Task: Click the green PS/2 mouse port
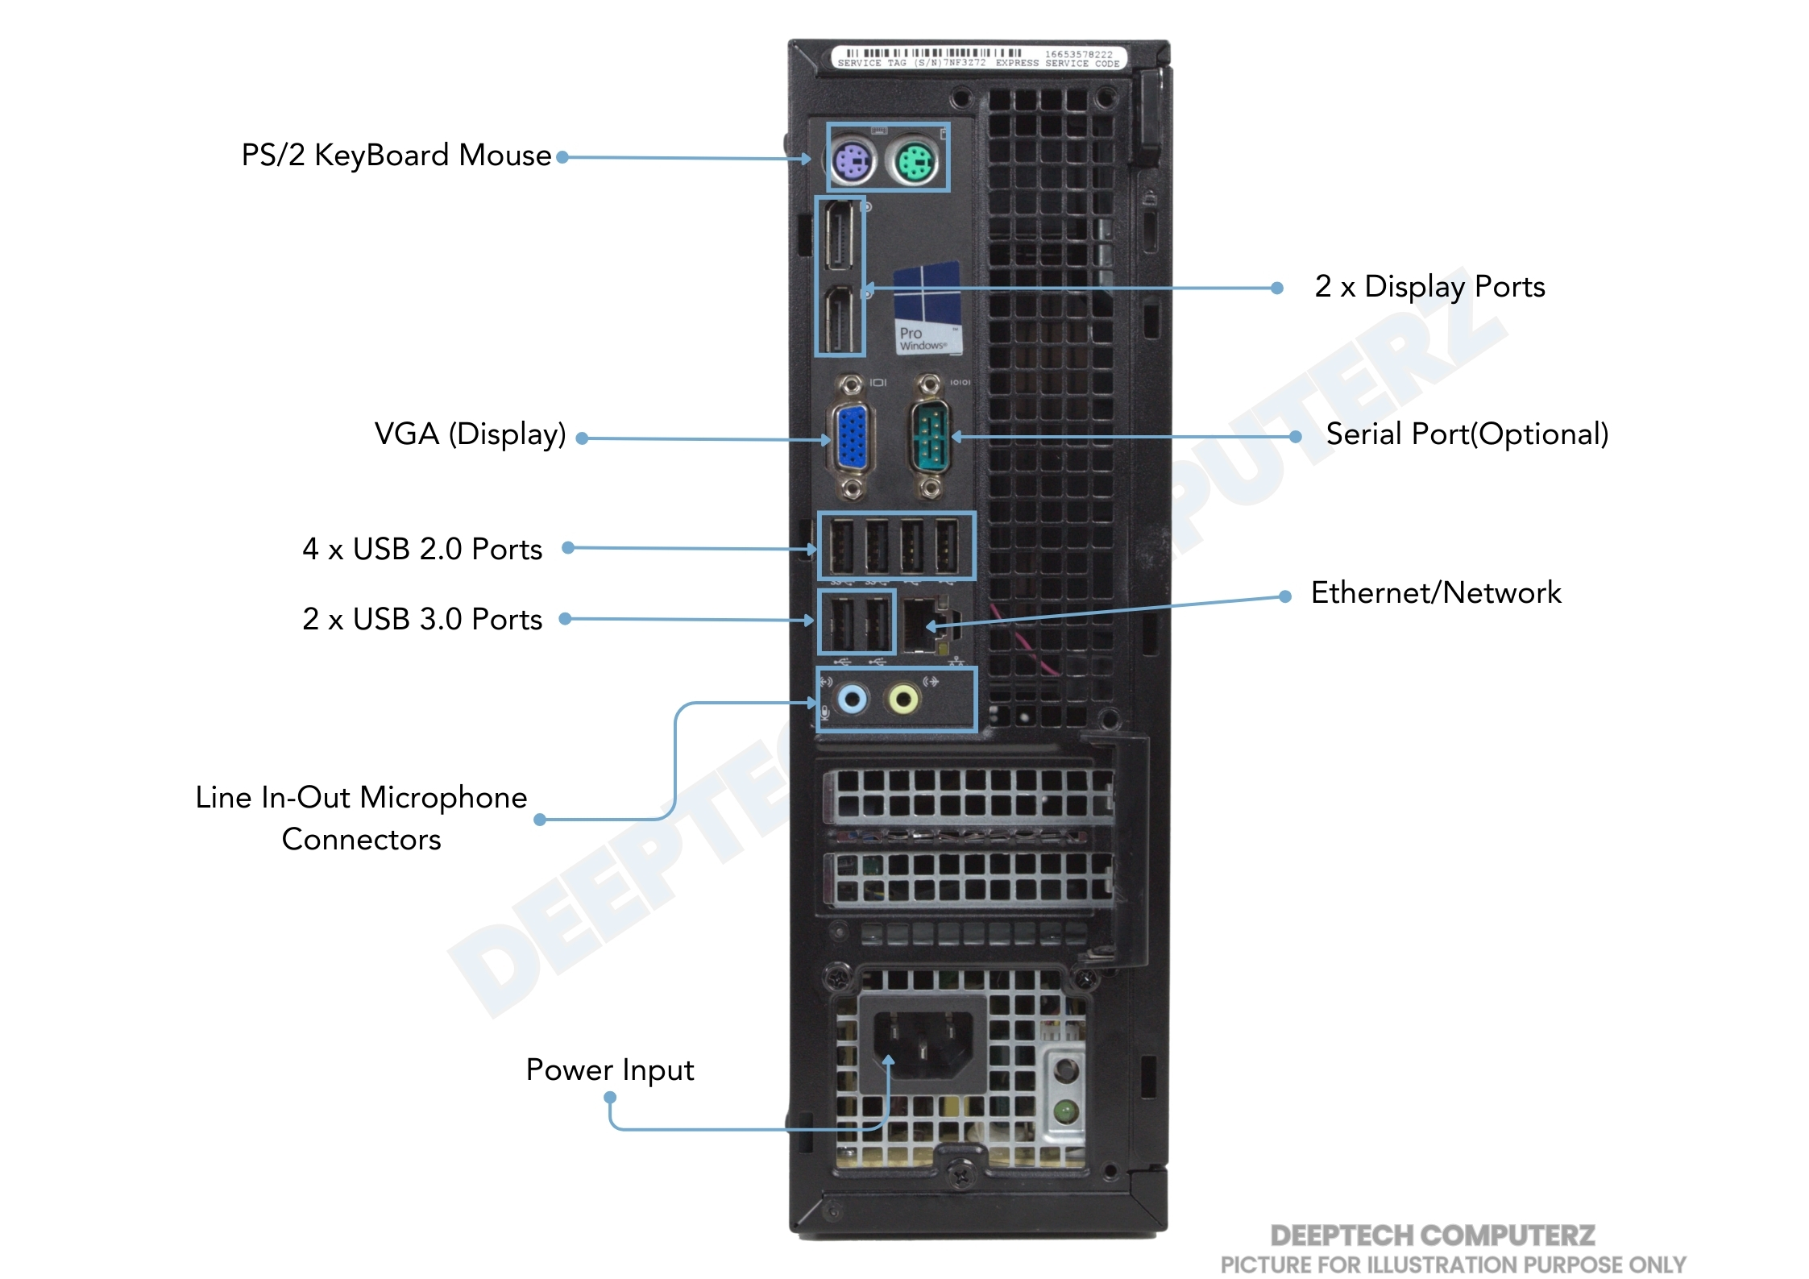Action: click(x=915, y=162)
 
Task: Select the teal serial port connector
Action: click(x=930, y=438)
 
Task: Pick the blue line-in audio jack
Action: click(x=853, y=698)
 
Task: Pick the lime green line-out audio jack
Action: click(x=903, y=699)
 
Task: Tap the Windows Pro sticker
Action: click(x=927, y=309)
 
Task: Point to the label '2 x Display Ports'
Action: click(x=1429, y=286)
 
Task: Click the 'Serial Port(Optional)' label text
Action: click(x=1467, y=434)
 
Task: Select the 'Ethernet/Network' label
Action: click(x=1436, y=592)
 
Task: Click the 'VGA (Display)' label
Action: click(x=471, y=434)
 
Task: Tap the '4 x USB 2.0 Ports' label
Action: click(x=422, y=549)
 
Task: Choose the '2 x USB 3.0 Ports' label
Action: click(x=422, y=619)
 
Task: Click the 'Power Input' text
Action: click(x=609, y=1069)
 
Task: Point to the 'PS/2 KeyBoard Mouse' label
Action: click(x=396, y=155)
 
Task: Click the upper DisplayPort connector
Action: click(x=839, y=235)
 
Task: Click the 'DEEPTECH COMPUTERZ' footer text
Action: click(x=1432, y=1235)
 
